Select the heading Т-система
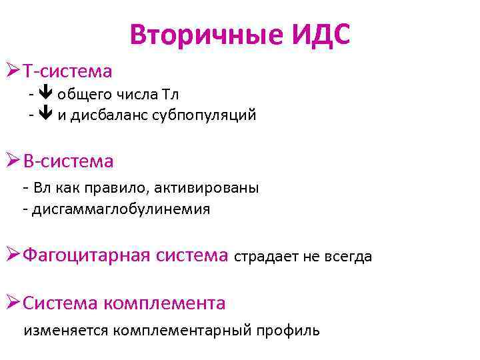point(67,70)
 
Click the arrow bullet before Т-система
point(13,70)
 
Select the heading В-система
point(68,161)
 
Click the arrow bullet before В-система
point(13,161)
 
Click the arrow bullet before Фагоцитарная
point(13,255)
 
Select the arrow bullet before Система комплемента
point(13,303)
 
